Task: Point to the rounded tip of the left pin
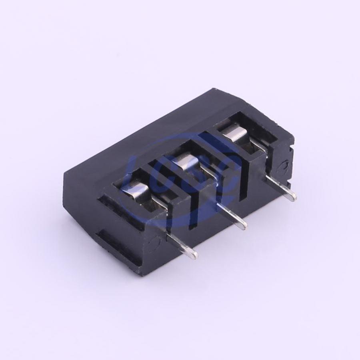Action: coord(194,256)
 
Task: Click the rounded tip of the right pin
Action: coord(292,198)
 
